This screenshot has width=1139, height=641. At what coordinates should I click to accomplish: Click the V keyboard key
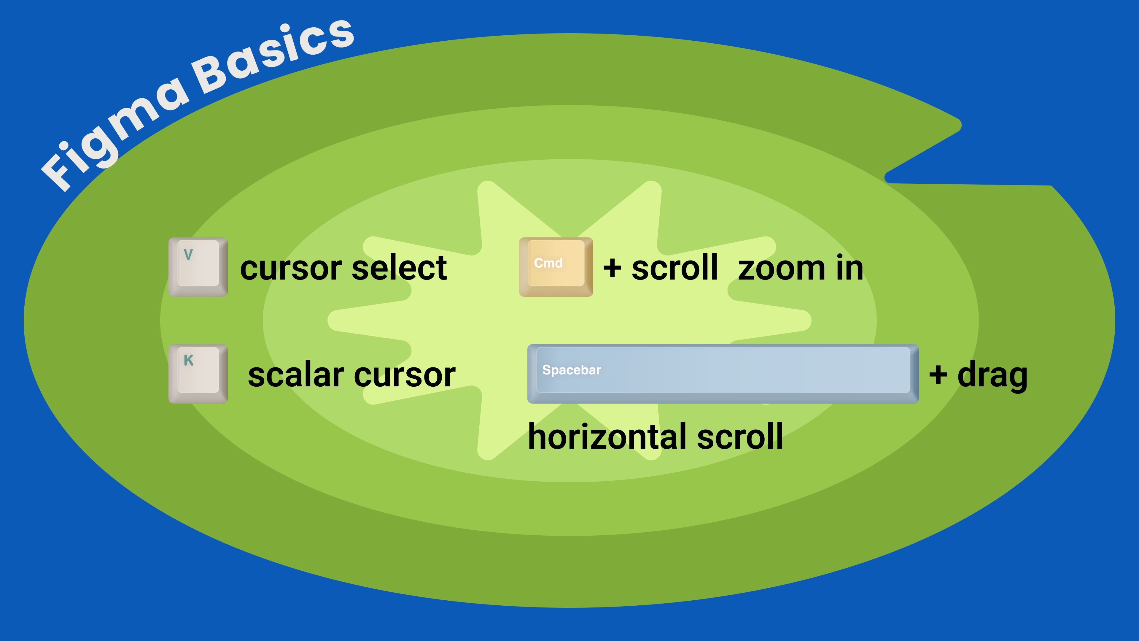tap(198, 267)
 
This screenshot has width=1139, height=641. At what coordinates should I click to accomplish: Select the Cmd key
tap(556, 267)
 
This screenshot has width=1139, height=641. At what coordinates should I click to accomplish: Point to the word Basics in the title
tap(274, 55)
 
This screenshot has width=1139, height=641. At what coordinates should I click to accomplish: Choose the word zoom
tap(781, 269)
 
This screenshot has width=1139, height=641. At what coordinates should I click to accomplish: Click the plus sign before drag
tap(938, 375)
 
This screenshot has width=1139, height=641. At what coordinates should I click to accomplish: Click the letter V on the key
tap(188, 254)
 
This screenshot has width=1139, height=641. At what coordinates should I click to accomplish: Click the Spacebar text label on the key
tap(571, 370)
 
